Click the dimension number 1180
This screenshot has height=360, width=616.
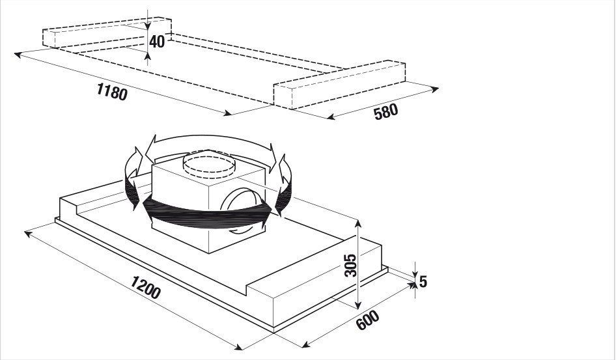pyautogui.click(x=112, y=92)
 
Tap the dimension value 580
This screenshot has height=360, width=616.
pyautogui.click(x=385, y=112)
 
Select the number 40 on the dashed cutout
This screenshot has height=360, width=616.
pyautogui.click(x=157, y=41)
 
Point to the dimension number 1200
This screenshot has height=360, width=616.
pyautogui.click(x=146, y=287)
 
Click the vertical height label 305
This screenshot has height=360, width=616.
pyautogui.click(x=350, y=266)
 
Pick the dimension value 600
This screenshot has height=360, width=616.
pyautogui.click(x=368, y=320)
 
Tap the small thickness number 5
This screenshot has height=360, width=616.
pyautogui.click(x=423, y=281)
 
